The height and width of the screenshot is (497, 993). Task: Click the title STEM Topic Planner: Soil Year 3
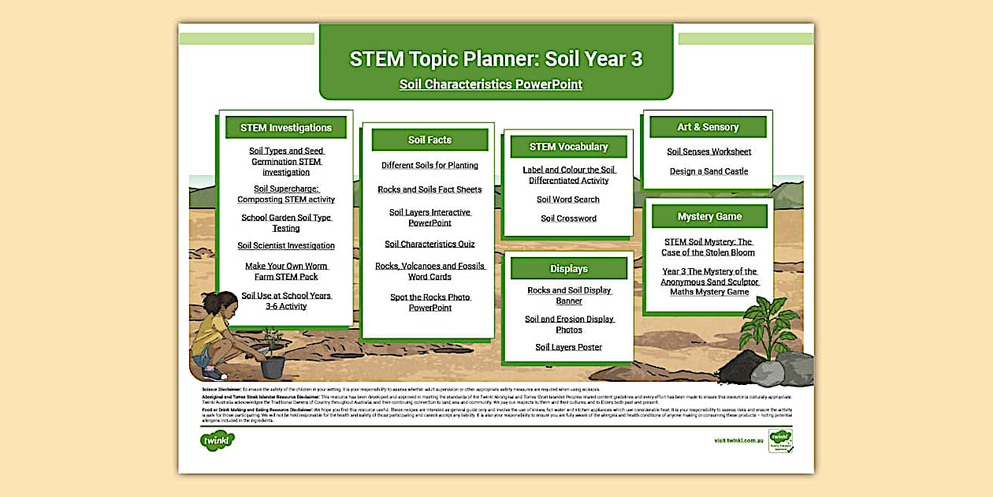pos(496,59)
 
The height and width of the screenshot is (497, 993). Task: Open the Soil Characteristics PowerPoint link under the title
pos(490,84)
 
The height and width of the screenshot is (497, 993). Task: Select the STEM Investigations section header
pos(286,128)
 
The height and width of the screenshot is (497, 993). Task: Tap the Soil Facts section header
pos(430,140)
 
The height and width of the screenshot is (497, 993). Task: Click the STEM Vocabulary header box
pos(568,147)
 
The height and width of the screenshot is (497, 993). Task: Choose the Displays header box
pos(568,269)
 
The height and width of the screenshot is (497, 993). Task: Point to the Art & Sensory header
pos(708,127)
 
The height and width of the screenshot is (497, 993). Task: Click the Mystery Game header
pos(709,216)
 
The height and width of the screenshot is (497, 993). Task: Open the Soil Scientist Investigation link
pos(286,246)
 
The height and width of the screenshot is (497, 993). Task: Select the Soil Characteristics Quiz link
pos(430,245)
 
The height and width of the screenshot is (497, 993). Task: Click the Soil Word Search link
pos(568,200)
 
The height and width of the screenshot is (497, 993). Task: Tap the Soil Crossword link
pos(568,219)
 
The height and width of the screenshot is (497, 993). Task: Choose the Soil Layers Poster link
pos(568,347)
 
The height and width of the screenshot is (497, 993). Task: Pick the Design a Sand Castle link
pos(708,171)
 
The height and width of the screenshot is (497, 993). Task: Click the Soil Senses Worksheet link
pos(708,151)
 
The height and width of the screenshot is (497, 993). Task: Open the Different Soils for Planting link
pos(430,166)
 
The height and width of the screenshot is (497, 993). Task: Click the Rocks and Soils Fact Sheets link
pos(430,190)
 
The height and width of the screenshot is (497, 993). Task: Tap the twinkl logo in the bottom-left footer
pos(218,440)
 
